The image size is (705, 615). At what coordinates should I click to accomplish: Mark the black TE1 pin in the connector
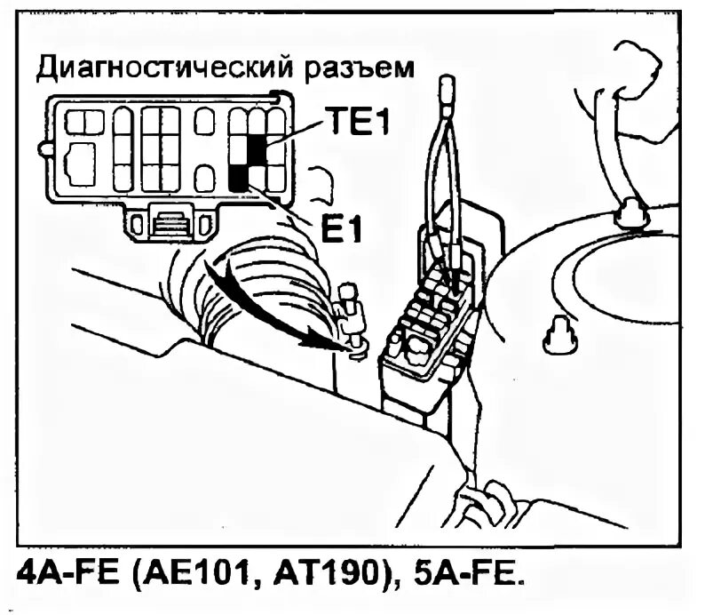(257, 148)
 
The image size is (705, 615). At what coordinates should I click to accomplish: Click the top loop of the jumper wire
(446, 89)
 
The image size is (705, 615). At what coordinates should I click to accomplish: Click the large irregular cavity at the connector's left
(81, 164)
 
